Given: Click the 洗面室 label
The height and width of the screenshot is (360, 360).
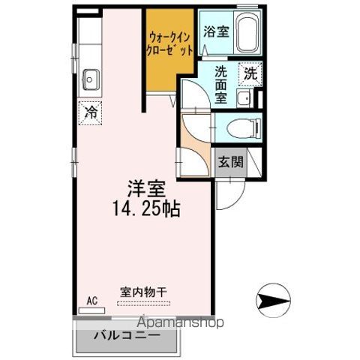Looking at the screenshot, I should (x=221, y=85).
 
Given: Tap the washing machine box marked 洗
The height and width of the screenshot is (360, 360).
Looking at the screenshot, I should (x=249, y=74).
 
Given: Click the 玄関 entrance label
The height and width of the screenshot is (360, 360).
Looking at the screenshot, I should (x=230, y=161).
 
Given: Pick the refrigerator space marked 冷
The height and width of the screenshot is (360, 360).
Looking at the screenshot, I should (x=90, y=114).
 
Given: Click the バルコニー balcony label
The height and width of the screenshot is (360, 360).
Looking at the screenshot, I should (x=126, y=335).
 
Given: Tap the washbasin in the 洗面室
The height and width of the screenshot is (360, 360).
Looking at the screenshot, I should (x=242, y=98).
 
